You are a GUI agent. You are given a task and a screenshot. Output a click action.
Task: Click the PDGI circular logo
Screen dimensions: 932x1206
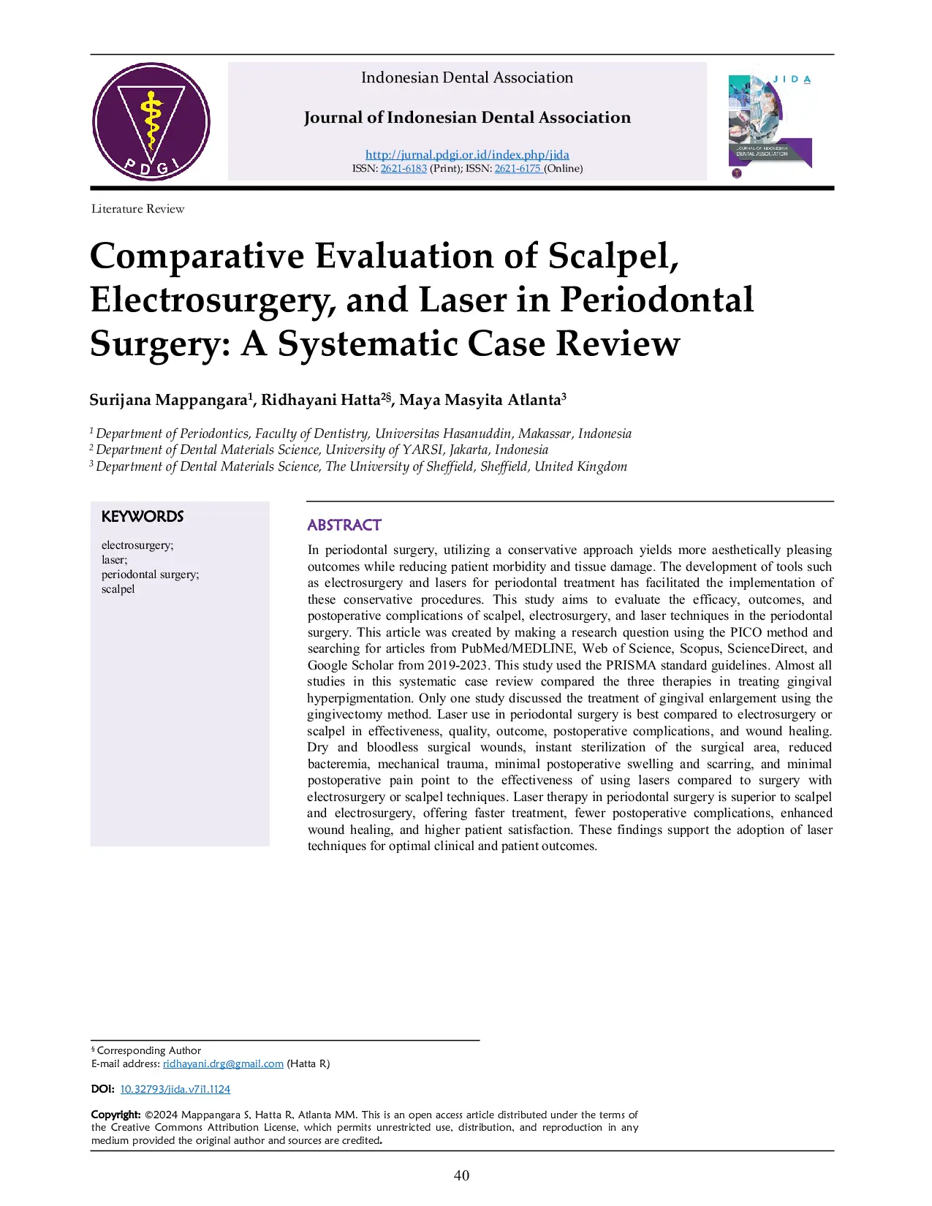[x=151, y=121]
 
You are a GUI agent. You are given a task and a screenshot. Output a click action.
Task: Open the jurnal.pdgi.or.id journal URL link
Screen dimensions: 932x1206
[x=467, y=154]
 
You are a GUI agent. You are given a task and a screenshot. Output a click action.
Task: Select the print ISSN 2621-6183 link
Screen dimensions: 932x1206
[x=404, y=168]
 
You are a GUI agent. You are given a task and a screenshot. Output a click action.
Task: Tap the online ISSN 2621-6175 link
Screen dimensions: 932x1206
[x=518, y=168]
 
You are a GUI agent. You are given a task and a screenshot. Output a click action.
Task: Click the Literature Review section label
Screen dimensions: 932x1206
[x=138, y=209]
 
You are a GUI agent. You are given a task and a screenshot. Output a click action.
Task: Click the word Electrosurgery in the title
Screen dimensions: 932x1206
[x=212, y=300]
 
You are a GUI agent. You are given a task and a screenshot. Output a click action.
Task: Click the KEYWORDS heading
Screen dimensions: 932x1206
[x=143, y=517]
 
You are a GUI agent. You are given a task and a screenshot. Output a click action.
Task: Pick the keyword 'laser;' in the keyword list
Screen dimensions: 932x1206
[x=115, y=560]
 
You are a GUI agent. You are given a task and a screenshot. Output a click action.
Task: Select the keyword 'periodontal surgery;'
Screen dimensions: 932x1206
[x=151, y=574]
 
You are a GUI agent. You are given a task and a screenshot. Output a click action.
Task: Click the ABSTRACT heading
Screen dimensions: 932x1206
[x=344, y=525]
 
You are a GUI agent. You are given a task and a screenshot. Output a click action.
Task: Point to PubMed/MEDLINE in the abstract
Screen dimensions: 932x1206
[x=518, y=648]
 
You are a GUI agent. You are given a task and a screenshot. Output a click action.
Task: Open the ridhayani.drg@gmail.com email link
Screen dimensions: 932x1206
[x=223, y=1063]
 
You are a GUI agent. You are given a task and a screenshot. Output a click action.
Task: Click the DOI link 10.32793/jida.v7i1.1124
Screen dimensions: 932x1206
[x=175, y=1089]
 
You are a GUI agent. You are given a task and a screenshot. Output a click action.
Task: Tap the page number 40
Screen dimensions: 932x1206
[x=462, y=1175]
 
